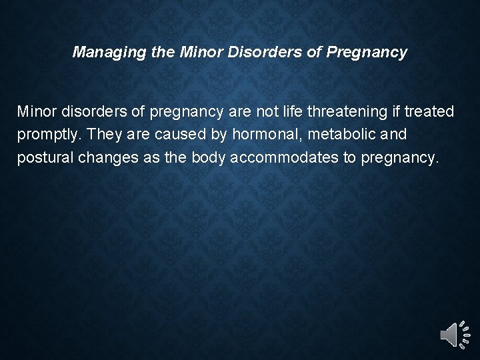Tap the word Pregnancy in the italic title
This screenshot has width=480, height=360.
tap(366, 52)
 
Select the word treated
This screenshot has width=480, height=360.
tap(430, 111)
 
